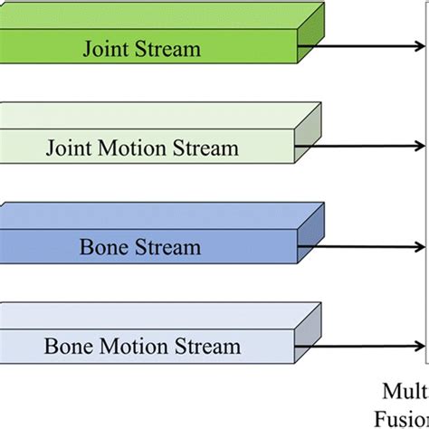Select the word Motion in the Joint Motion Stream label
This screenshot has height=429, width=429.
tap(131, 148)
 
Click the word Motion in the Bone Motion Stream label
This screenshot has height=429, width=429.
tap(132, 346)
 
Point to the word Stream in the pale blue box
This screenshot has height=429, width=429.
tap(205, 346)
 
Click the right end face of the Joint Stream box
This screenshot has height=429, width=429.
tap(309, 41)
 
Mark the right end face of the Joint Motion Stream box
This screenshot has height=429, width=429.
tap(309, 140)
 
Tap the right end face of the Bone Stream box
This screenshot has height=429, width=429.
tap(309, 240)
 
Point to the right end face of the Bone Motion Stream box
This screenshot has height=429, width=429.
tap(309, 338)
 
